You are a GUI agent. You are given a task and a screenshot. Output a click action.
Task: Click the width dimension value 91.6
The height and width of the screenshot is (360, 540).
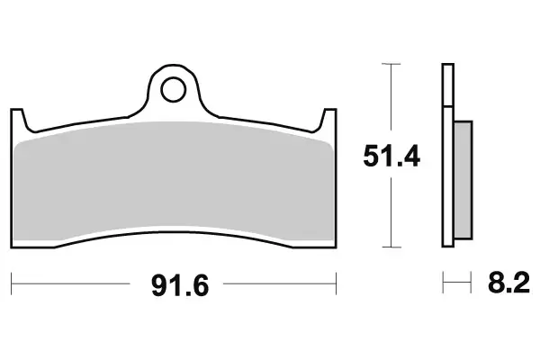(176, 287)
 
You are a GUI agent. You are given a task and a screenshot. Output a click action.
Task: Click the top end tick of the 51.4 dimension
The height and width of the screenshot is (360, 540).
(390, 64)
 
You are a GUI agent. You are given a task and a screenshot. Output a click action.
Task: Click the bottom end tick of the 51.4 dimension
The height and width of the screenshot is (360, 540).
(390, 247)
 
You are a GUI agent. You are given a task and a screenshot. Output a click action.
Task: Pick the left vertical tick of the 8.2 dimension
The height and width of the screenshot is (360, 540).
(443, 286)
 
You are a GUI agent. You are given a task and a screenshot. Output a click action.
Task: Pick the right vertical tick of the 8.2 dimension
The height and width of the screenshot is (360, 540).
(472, 286)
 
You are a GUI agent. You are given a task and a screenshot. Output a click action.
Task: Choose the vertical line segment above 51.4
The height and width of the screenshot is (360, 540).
(390, 99)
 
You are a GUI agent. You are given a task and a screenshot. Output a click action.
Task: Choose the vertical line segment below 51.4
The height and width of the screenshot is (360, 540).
(390, 211)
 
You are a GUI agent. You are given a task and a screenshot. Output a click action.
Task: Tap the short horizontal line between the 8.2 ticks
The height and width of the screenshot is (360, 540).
(457, 286)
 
